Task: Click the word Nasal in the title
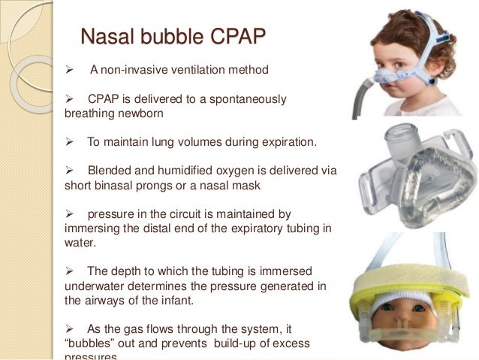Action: [107, 36]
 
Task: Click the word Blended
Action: [110, 170]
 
